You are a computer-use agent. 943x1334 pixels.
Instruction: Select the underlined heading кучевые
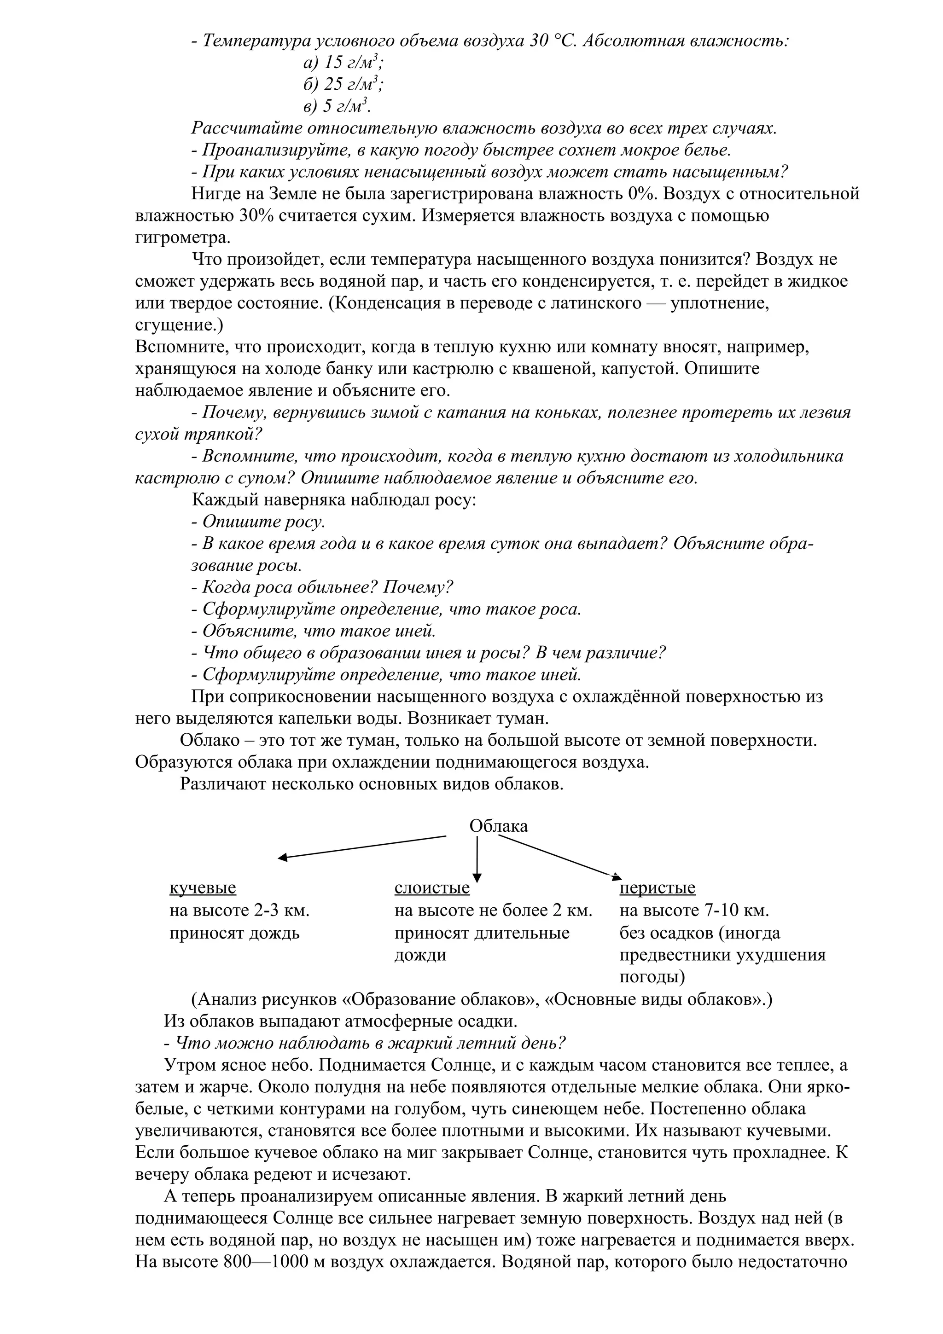(202, 888)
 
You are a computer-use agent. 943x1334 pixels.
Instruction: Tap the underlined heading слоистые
(432, 888)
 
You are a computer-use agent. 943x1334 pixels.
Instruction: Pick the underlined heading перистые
(657, 888)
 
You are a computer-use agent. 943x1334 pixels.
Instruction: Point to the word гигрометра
(182, 238)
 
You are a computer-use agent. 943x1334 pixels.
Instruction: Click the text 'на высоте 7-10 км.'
(694, 911)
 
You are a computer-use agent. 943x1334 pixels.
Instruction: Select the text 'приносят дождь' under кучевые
(234, 933)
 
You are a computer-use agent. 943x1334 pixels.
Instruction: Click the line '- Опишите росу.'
(258, 522)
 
